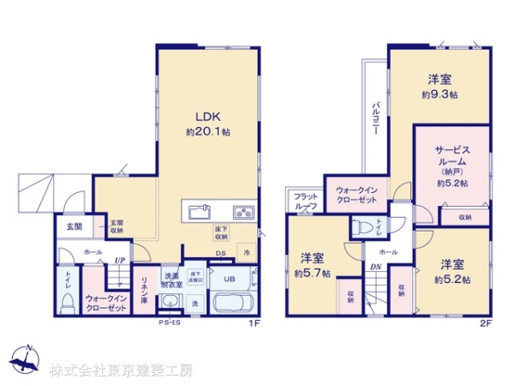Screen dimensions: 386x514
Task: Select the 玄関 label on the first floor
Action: point(75,227)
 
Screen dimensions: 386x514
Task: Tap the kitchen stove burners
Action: point(243,211)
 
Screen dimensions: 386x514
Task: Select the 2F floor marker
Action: point(485,324)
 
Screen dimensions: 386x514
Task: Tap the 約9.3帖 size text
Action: point(439,95)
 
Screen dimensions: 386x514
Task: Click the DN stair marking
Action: point(375,267)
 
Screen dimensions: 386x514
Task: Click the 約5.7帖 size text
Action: point(311,274)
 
